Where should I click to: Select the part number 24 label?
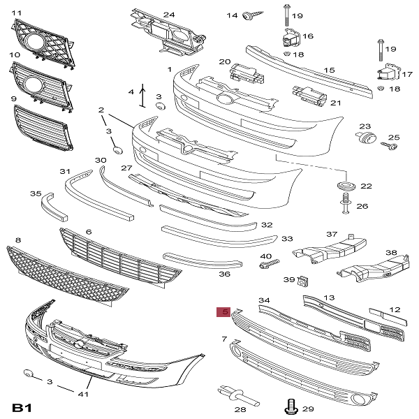(x=169, y=14)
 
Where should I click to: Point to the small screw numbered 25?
(x=389, y=147)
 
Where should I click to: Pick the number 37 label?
(x=332, y=234)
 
